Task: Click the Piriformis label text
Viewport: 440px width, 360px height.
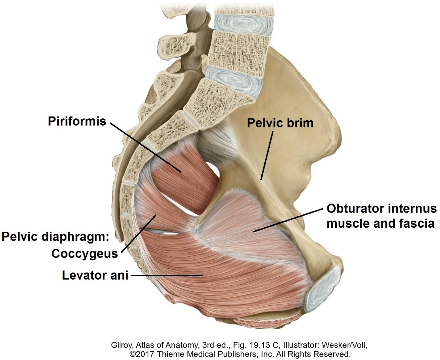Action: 77,121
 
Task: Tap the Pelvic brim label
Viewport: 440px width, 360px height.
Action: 280,123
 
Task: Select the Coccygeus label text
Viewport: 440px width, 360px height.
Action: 85,254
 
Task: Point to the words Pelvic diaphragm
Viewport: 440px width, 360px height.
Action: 55,237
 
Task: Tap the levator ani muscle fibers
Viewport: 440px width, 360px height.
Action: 211,275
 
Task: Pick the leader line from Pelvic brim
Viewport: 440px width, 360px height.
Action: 266,155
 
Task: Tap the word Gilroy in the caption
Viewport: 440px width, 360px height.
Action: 122,345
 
